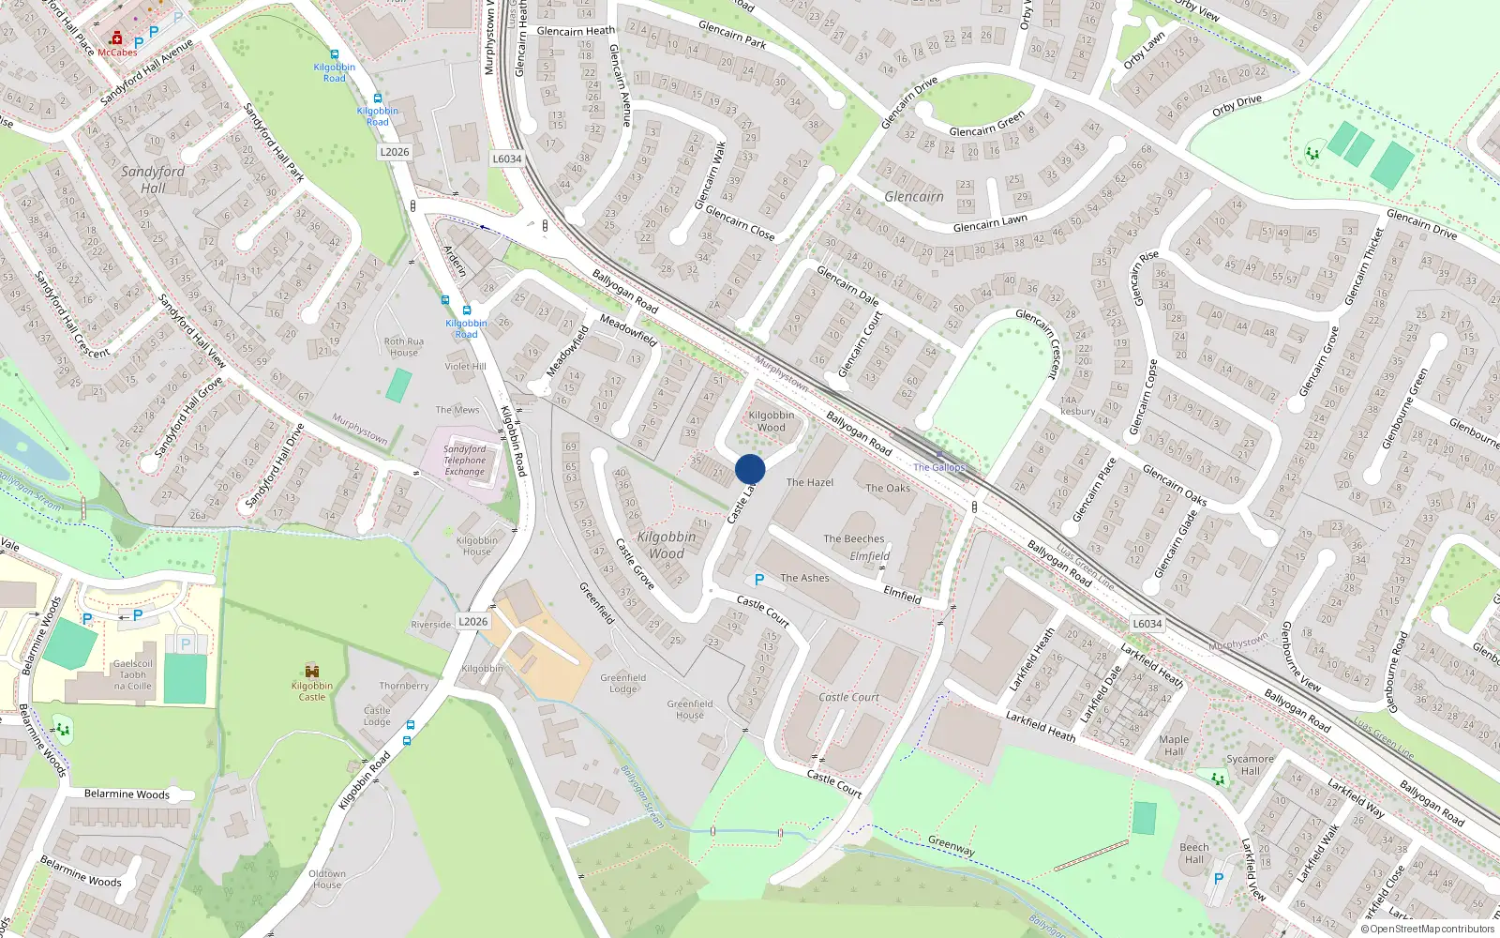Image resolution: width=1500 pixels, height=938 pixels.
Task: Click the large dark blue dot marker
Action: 750,469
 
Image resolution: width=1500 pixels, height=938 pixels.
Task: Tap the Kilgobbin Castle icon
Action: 312,672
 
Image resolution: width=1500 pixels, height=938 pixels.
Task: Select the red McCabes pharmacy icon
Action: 116,38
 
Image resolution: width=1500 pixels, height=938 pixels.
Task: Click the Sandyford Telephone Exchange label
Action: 465,460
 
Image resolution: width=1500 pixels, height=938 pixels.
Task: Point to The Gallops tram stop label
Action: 938,467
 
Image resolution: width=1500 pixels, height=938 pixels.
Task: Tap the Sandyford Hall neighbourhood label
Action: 153,179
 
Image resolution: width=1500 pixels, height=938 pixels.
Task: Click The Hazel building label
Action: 810,482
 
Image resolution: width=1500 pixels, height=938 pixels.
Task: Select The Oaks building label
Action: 888,488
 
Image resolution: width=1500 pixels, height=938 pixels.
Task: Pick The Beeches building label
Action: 854,538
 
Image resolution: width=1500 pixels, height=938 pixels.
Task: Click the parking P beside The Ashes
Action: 759,580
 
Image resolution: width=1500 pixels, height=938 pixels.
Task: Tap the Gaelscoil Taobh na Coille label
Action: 133,674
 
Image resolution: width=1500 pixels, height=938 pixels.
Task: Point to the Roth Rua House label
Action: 404,347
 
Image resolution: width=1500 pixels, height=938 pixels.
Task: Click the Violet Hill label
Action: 465,367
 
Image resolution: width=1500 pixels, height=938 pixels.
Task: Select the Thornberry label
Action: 404,686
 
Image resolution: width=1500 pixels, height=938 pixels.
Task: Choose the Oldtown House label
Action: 327,879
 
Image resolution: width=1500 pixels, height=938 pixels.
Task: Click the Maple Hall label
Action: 1174,745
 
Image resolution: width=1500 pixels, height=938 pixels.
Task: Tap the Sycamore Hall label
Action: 1251,764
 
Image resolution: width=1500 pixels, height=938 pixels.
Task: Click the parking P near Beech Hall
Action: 1219,879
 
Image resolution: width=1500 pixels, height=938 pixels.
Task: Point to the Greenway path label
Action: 952,845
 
